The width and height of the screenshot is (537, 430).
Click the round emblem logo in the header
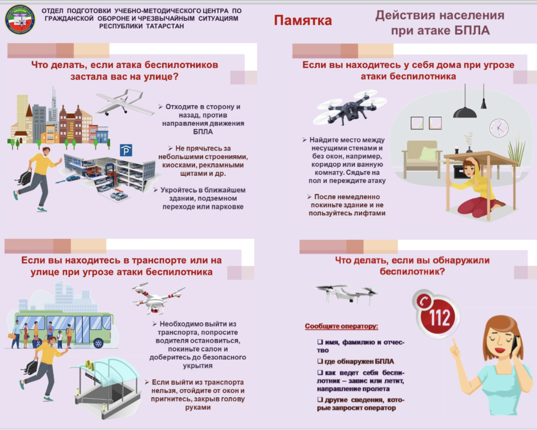(x=20, y=19)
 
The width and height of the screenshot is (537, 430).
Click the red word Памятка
(x=303, y=20)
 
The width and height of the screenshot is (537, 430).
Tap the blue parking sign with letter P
(x=126, y=150)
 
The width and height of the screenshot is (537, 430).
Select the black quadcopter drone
(x=349, y=107)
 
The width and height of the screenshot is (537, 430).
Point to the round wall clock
(x=499, y=128)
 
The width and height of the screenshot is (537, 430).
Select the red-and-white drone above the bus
(x=158, y=298)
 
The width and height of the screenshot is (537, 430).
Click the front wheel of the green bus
(x=98, y=343)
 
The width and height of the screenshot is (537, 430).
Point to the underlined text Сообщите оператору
(x=341, y=326)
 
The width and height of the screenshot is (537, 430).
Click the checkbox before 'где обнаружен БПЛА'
(x=320, y=361)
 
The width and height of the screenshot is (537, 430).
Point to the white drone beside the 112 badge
(x=347, y=294)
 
